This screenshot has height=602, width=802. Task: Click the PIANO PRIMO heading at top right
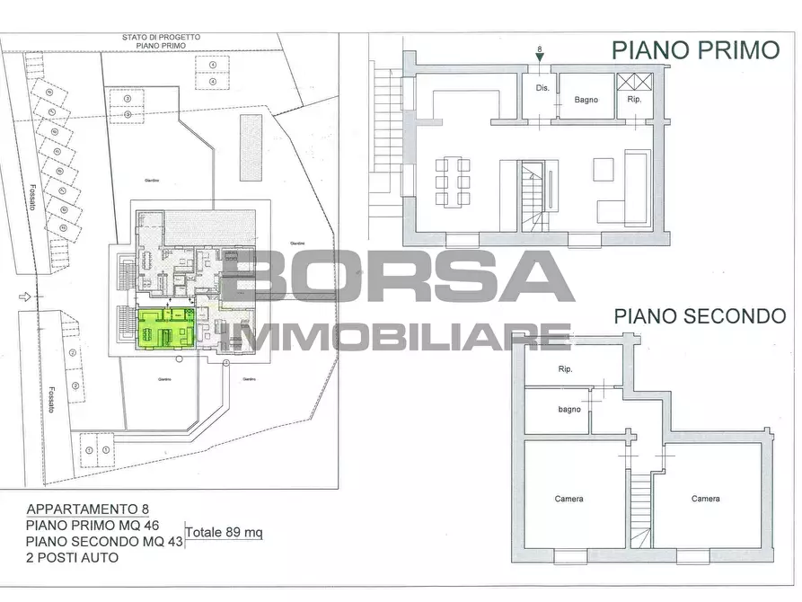point(695,50)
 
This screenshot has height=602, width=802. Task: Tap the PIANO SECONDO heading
point(700,315)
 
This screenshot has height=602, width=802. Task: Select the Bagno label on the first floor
point(586,100)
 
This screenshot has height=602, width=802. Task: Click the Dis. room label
point(542,88)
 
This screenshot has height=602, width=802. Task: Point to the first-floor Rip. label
point(634,99)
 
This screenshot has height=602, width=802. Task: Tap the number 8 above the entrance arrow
point(539,49)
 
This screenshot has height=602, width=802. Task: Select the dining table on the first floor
point(453,182)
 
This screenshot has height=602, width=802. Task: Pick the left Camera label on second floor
point(568,499)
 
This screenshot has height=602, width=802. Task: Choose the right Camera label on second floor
point(705,499)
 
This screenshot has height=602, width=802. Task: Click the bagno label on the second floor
point(568,410)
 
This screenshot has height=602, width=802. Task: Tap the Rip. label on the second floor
point(565,369)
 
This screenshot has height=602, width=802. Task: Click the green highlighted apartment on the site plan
point(164,328)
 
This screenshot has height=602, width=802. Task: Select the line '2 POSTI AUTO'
point(73,558)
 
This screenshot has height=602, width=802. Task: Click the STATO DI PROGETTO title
point(162,37)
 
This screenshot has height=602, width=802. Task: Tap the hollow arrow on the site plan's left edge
point(27,297)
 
